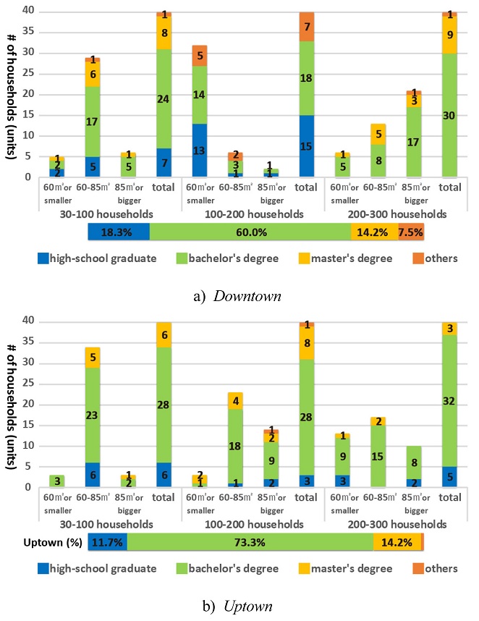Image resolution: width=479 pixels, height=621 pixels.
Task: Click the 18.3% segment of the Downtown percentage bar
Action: tap(119, 232)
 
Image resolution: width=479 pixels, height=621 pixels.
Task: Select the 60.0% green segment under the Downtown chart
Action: tap(250, 232)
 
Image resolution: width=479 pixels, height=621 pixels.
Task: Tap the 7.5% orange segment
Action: tap(410, 232)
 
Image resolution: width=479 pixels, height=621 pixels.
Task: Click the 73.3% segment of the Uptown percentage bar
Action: tap(250, 542)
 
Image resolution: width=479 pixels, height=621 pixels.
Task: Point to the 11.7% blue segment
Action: tap(108, 542)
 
